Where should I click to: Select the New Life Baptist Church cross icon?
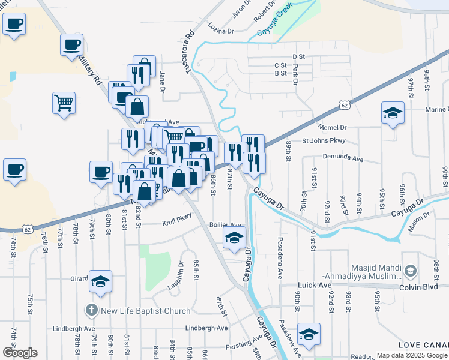click(91, 311)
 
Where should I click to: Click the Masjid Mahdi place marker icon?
click(410, 271)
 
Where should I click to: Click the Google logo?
click(20, 353)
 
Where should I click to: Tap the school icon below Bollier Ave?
click(234, 237)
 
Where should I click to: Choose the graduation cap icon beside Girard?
click(100, 280)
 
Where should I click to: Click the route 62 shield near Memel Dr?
click(343, 105)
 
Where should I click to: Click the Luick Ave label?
click(313, 286)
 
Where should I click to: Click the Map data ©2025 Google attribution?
click(412, 355)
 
